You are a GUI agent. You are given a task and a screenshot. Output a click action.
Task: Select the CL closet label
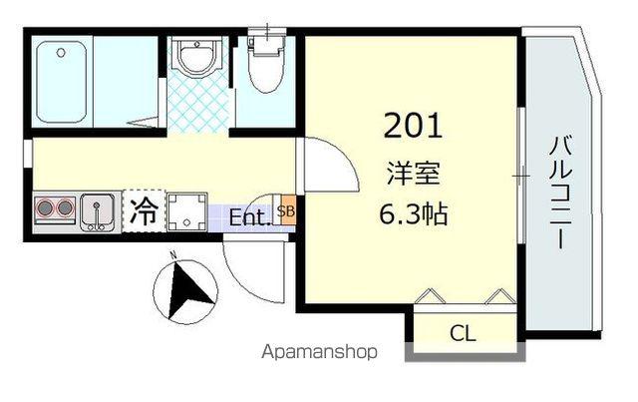coord(461,333)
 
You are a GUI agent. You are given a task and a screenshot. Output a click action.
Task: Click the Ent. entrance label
coord(249,216)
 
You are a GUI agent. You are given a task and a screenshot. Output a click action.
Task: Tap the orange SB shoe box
coord(286,211)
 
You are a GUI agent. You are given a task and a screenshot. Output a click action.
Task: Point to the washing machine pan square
coord(186,211)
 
